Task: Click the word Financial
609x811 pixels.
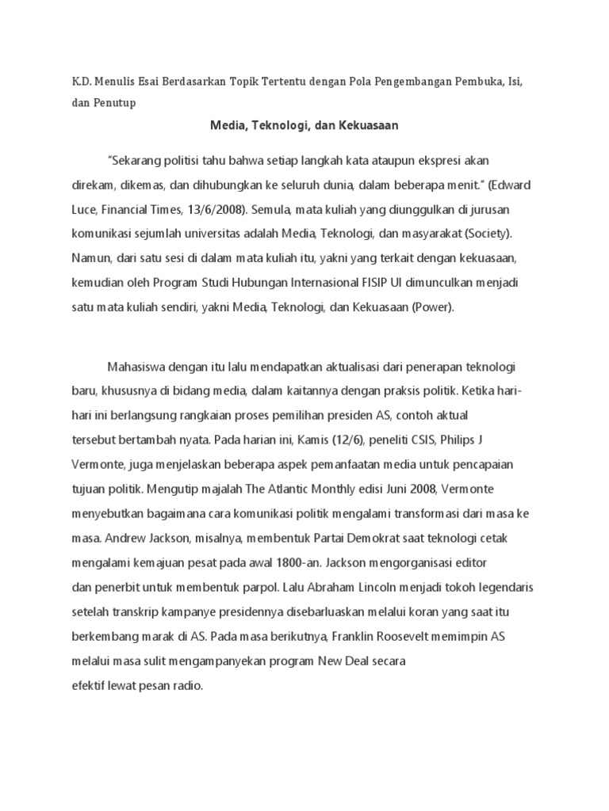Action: pos(122,210)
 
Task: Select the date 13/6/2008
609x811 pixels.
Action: pos(216,210)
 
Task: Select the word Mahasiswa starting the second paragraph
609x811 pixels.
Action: pos(136,367)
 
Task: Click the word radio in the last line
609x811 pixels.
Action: pos(185,685)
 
